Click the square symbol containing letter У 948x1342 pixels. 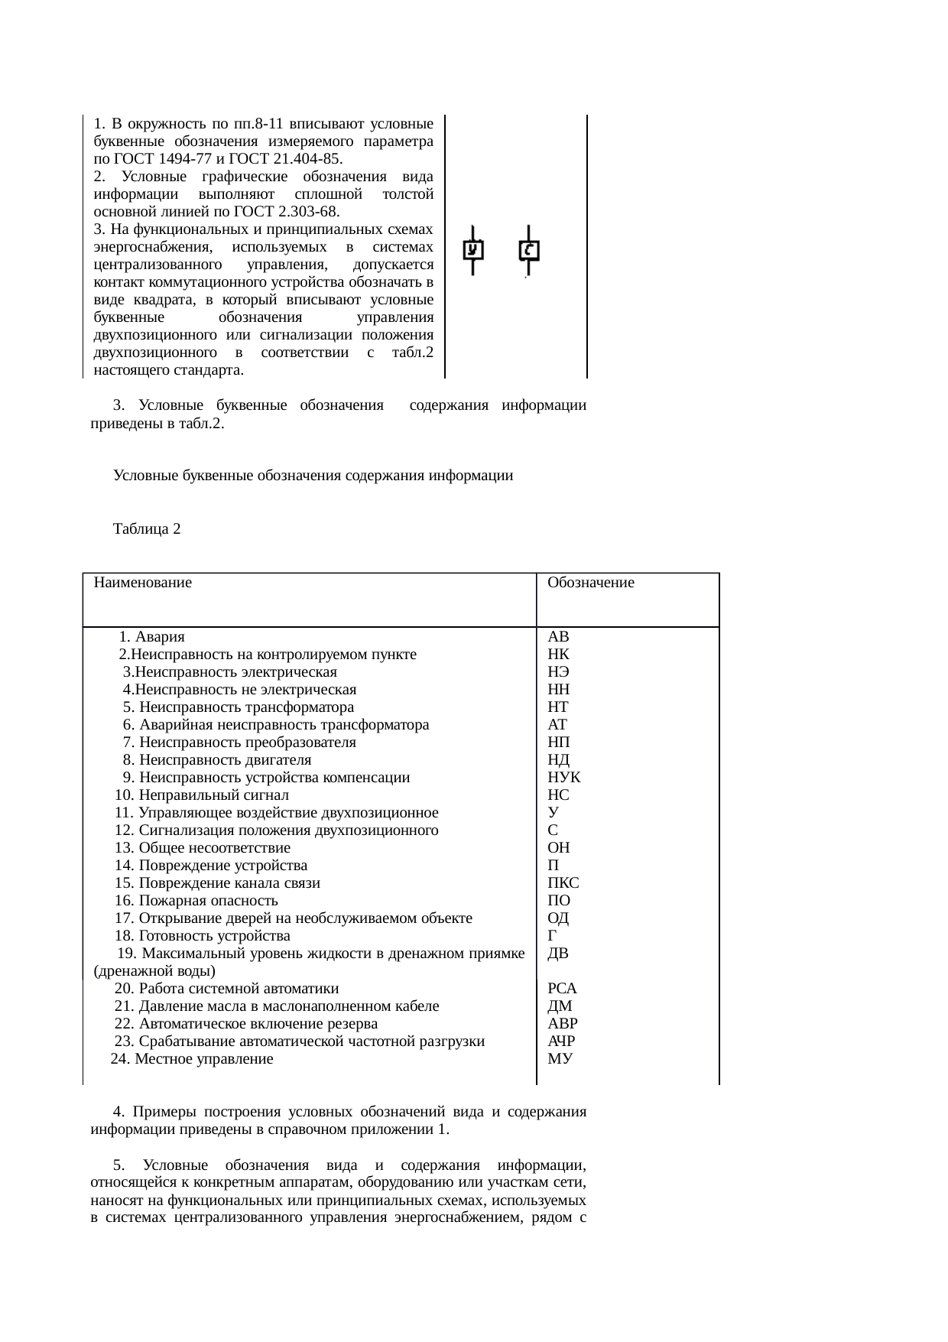(473, 250)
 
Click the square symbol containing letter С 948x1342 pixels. (529, 250)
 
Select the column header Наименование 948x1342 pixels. (142, 583)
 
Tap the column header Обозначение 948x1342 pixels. (591, 583)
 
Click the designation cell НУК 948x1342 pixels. (564, 778)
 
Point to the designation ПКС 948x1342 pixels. (563, 883)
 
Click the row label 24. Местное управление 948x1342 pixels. (192, 1059)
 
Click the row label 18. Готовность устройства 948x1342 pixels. (203, 936)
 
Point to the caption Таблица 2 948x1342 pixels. (147, 529)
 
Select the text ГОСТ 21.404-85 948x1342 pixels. (291, 158)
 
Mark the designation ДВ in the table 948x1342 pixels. (558, 954)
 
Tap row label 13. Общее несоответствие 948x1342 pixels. (203, 848)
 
